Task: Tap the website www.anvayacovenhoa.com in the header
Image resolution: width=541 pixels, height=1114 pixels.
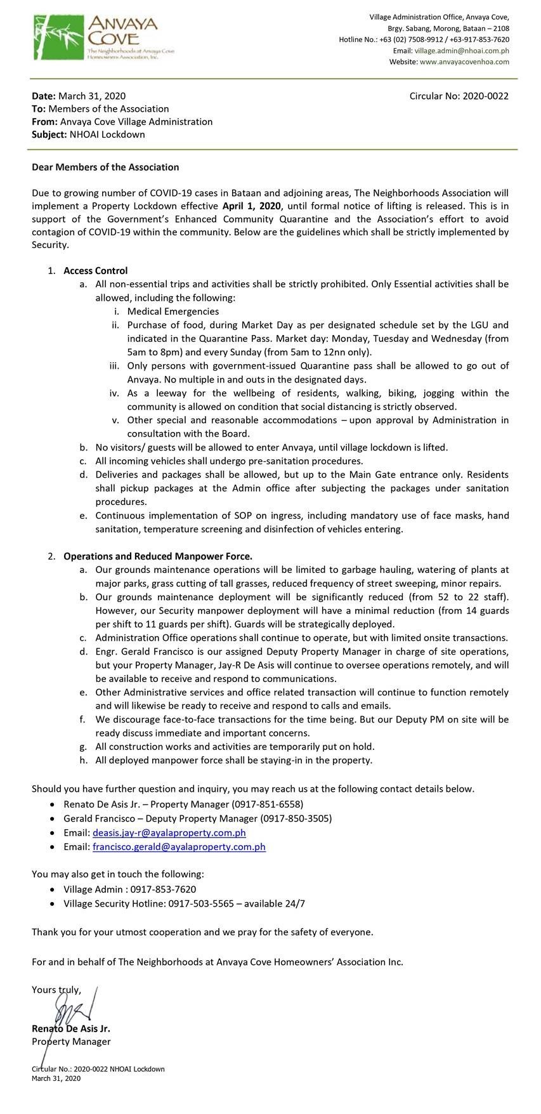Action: [x=464, y=62]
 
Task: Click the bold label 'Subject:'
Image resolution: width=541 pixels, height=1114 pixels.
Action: [x=49, y=134]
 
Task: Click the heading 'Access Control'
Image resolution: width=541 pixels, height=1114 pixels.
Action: [x=96, y=270]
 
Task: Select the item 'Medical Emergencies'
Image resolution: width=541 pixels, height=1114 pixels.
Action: [x=173, y=311]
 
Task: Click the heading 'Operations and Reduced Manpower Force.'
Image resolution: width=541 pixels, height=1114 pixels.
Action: [x=158, y=556]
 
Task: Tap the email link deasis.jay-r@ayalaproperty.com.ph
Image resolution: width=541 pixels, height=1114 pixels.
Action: [x=169, y=832]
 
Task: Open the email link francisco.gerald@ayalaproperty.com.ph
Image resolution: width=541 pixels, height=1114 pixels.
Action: [x=179, y=846]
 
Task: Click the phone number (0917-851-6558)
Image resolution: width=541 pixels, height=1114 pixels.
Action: [x=263, y=804]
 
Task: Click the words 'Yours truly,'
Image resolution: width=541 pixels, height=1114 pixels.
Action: [x=56, y=989]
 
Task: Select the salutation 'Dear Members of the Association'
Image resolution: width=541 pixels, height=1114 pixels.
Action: [x=105, y=167]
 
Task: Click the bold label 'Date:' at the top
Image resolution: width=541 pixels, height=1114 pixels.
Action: [x=44, y=96]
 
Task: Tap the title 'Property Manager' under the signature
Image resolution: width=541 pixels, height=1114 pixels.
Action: [x=71, y=1041]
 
